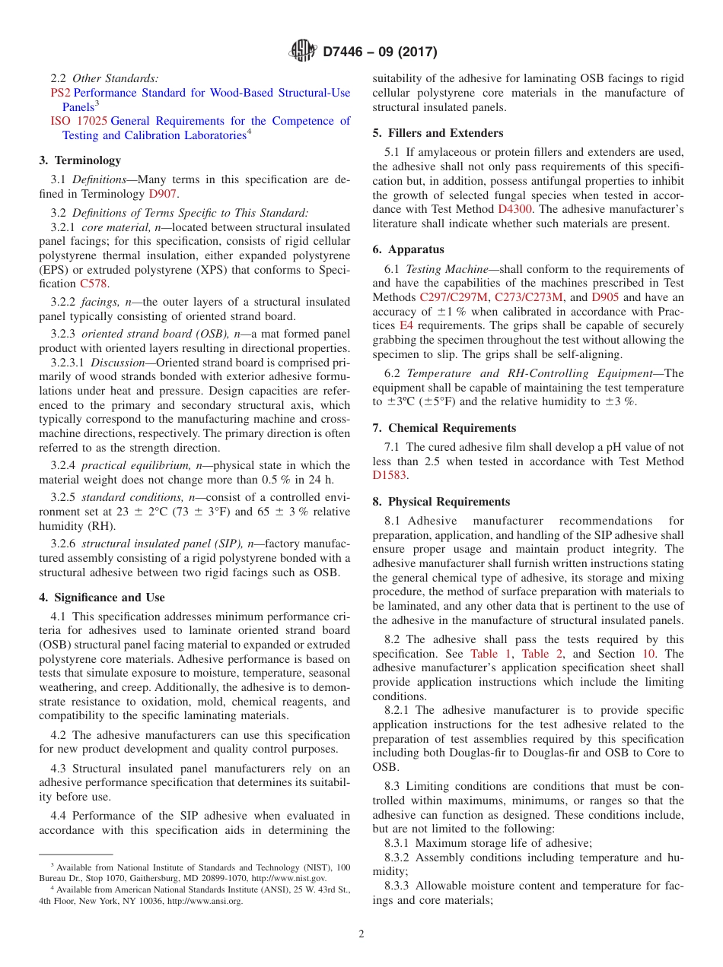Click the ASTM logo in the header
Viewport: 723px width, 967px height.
[303, 51]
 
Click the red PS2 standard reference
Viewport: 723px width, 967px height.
[60, 93]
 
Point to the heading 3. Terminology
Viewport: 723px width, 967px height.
[80, 160]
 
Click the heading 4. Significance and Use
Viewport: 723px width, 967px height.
[102, 598]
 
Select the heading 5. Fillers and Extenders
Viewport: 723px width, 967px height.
[438, 132]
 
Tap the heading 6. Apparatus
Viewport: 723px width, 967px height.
[409, 249]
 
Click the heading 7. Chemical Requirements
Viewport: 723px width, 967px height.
[444, 428]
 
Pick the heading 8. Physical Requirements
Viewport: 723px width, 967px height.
[441, 502]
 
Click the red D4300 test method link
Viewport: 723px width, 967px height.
[515, 208]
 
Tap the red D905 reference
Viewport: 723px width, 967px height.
[605, 297]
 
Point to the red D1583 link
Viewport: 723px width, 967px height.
[390, 475]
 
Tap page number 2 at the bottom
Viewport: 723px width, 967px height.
[361, 934]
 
